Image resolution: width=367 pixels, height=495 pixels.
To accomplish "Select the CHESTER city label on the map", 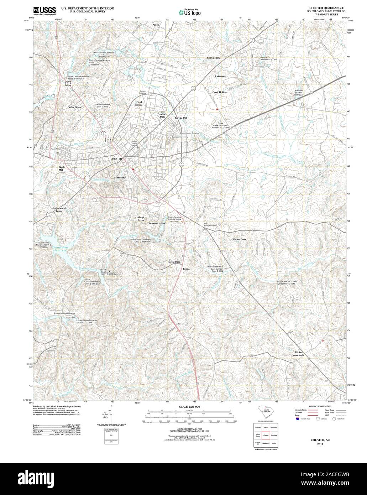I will pyautogui.click(x=116, y=159).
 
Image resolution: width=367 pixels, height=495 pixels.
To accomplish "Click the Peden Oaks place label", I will pyautogui.click(x=240, y=240).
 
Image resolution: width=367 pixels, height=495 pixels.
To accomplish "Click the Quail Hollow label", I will pyautogui.click(x=219, y=92).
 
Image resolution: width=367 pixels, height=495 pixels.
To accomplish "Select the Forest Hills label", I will pyautogui.click(x=174, y=262).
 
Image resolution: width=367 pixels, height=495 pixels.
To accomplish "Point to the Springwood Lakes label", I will pyautogui.click(x=59, y=209).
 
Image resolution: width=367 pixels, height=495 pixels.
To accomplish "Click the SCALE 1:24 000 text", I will pyautogui.click(x=189, y=407).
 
